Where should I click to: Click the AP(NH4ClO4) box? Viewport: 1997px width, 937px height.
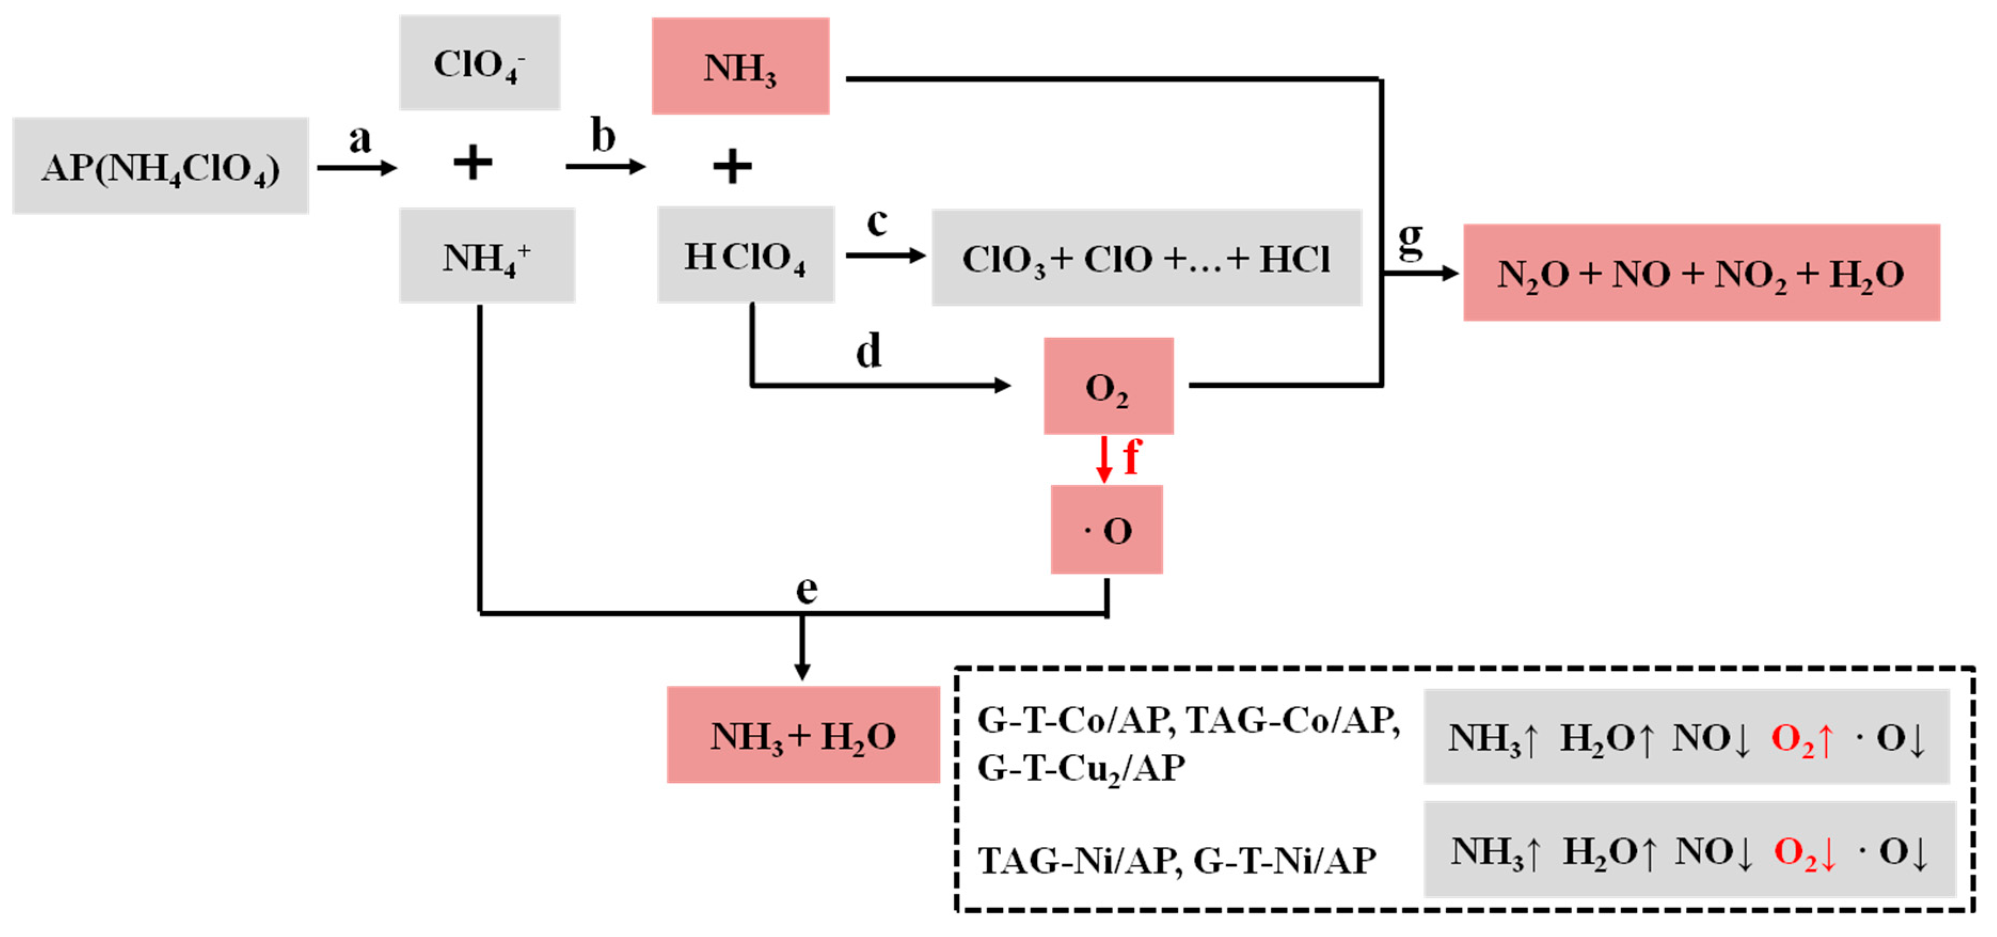[x=161, y=166]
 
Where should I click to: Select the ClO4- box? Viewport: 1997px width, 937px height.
[x=479, y=63]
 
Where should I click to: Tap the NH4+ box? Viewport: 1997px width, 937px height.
[x=487, y=255]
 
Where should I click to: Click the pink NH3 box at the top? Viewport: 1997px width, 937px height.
[x=740, y=67]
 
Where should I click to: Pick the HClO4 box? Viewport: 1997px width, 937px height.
[x=746, y=255]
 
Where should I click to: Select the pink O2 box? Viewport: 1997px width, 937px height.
[x=1108, y=386]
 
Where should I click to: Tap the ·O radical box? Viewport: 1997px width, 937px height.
[x=1106, y=530]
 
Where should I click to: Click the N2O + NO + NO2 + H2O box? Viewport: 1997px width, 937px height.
[x=1701, y=273]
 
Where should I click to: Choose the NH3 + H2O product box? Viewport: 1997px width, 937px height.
[x=803, y=735]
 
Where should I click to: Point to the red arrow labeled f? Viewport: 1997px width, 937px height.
[x=1104, y=459]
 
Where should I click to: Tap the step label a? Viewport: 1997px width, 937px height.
[x=360, y=139]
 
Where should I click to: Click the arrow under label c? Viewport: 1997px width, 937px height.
[x=885, y=255]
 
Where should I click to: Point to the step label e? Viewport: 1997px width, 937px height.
[x=806, y=589]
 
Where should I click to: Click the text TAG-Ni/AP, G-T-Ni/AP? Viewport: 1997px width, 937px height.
[x=1177, y=860]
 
